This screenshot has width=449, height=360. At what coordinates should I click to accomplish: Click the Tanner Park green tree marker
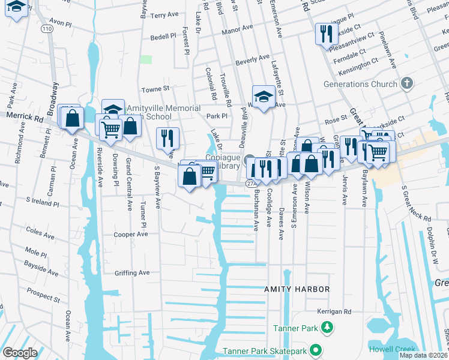click(x=327, y=328)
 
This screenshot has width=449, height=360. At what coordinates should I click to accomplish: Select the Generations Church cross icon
click(x=406, y=83)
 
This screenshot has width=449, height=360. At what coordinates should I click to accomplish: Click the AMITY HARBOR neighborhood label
click(x=297, y=289)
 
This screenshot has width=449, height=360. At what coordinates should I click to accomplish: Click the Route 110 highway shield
click(x=47, y=28)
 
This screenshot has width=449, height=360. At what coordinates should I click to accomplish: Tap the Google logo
click(x=20, y=352)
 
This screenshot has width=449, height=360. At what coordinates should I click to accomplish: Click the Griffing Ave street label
click(x=132, y=272)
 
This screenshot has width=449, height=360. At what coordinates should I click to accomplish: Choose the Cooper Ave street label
click(x=131, y=234)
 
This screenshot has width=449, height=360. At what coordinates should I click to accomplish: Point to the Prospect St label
click(x=43, y=295)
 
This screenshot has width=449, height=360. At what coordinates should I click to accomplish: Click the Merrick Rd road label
click(x=25, y=116)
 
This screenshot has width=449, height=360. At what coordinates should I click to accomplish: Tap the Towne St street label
click(x=155, y=89)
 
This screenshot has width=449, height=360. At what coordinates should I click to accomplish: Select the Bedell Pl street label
click(x=162, y=37)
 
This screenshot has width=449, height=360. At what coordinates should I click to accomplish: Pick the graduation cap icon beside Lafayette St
click(x=263, y=97)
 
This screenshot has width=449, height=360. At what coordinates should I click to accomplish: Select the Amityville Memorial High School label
click(x=163, y=112)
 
